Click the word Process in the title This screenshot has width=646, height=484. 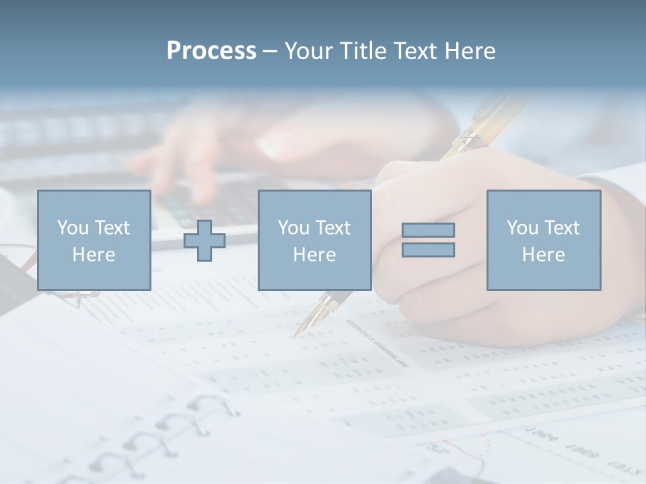pyautogui.click(x=211, y=51)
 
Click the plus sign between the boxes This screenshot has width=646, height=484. pyautogui.click(x=205, y=241)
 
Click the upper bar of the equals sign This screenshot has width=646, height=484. pyautogui.click(x=428, y=230)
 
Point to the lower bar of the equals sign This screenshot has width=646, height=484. pyautogui.click(x=428, y=250)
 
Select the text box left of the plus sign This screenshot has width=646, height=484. pyautogui.click(x=94, y=240)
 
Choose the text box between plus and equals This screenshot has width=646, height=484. pyautogui.click(x=314, y=240)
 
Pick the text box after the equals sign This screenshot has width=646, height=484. pyautogui.click(x=543, y=240)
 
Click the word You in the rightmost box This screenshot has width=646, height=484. pyautogui.click(x=522, y=228)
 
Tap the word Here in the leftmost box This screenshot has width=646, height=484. pyautogui.click(x=94, y=255)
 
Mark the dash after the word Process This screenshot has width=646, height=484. pyautogui.click(x=271, y=51)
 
